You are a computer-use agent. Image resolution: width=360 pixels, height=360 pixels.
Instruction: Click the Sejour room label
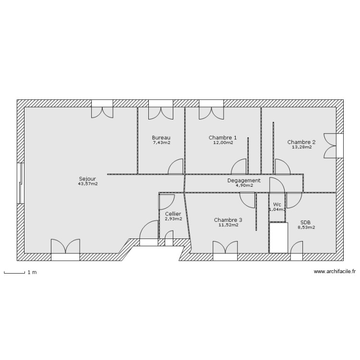tap(87, 179)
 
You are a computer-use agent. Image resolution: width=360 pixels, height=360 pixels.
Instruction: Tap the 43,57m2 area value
tap(87, 183)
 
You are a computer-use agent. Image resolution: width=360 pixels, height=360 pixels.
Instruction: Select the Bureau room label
tap(161, 137)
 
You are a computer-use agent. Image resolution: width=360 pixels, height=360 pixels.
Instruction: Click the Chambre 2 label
tap(301, 142)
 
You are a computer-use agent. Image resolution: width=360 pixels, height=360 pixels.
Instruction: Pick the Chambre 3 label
tap(228, 220)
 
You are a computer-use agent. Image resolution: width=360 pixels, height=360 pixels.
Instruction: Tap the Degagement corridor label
tap(244, 180)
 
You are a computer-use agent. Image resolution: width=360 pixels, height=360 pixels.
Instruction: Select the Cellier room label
tap(173, 214)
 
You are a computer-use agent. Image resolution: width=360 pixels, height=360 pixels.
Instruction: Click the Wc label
tap(277, 204)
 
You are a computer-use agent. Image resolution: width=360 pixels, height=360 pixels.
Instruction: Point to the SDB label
tap(305, 222)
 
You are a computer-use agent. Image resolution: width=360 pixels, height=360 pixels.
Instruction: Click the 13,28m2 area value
tap(301, 147)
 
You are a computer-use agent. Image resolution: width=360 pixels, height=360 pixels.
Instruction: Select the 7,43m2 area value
tap(161, 142)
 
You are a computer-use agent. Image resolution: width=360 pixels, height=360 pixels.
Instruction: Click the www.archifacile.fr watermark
tap(335, 272)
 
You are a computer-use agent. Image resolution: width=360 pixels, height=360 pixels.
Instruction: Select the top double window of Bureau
tap(161, 109)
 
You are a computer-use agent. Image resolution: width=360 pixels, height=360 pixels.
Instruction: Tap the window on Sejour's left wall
tap(20, 183)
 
